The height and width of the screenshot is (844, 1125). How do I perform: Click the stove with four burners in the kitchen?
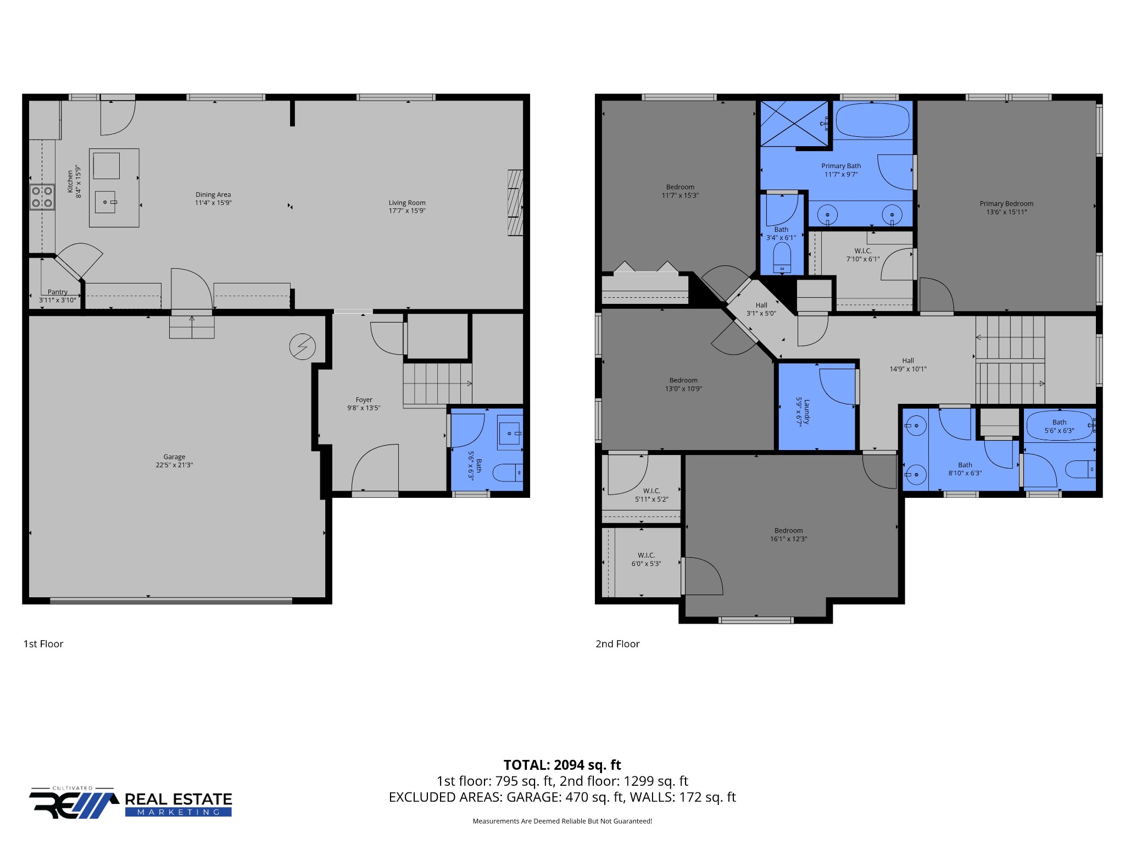point(42,197)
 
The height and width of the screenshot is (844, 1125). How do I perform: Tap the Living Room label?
point(407,203)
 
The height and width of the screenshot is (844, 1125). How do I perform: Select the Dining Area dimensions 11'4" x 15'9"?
point(213,203)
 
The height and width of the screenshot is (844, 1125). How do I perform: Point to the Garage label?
point(174,457)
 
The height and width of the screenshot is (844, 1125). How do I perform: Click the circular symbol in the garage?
point(303,347)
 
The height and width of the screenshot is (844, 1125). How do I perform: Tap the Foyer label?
point(364,400)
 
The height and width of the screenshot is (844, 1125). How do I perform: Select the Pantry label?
point(58,292)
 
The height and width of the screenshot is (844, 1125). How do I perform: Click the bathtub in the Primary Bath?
point(872,120)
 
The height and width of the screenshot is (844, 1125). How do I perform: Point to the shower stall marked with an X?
point(794,124)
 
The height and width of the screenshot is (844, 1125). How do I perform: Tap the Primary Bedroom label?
point(1006,203)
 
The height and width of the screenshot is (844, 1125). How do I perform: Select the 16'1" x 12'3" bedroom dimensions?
point(789,539)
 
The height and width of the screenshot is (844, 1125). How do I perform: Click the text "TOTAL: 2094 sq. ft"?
point(562,765)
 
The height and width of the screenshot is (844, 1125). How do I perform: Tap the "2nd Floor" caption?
point(617,644)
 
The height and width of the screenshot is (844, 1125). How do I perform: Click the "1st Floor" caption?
point(43,644)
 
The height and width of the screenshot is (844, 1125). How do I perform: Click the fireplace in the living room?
point(515,203)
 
